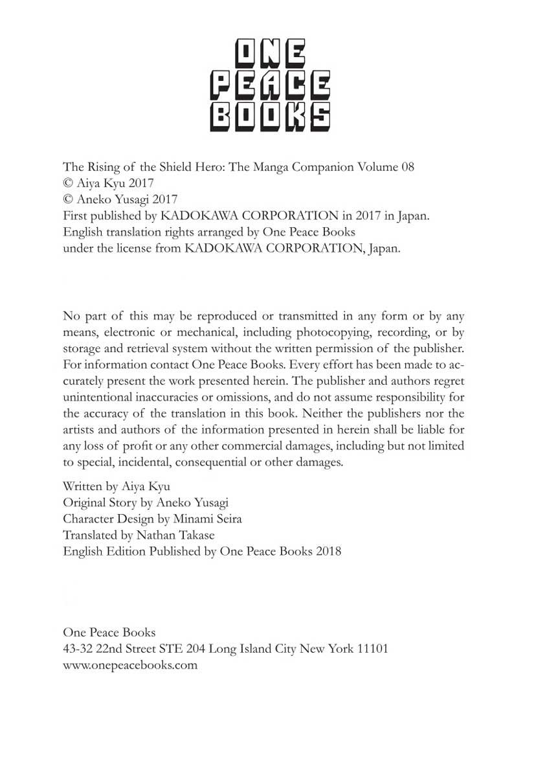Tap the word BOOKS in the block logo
[270, 116]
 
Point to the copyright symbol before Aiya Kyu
[68, 183]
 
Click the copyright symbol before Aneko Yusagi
[68, 199]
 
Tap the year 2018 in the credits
[328, 551]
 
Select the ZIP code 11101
[371, 648]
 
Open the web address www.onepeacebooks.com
[130, 664]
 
